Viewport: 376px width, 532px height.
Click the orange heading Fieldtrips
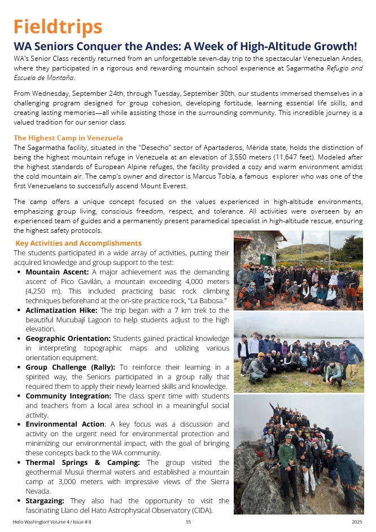(x=58, y=26)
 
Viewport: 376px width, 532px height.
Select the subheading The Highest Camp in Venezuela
(x=68, y=138)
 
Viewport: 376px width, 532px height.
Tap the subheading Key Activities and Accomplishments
(x=78, y=243)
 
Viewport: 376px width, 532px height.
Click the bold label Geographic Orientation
(x=68, y=338)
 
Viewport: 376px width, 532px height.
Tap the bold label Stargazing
(x=45, y=500)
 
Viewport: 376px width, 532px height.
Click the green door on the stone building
(x=267, y=259)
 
